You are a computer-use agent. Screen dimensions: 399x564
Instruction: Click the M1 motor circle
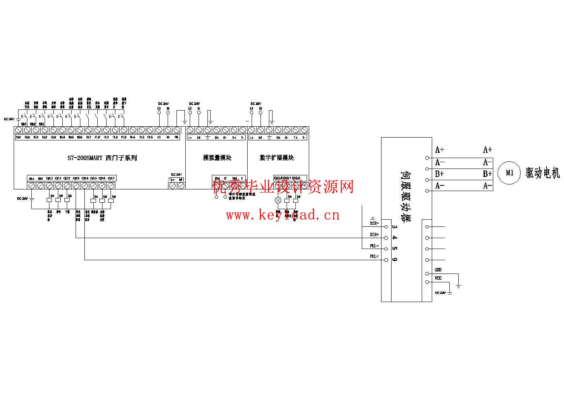pos(509,173)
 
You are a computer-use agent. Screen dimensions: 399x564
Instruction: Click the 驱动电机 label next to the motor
pos(542,173)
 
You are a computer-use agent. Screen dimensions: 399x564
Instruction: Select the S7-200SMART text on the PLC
pos(85,158)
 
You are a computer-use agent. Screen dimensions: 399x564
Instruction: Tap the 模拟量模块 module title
pos(217,158)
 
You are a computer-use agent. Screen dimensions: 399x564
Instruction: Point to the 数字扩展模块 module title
pos(277,158)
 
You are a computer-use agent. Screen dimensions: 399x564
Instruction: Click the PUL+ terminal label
pos(374,256)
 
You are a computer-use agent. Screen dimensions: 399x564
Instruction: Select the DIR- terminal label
pos(374,223)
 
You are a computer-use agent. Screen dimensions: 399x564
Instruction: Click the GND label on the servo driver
pos(438,270)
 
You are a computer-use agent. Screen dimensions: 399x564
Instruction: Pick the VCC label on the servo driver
pos(438,278)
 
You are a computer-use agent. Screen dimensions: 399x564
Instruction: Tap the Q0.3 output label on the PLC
pos(76,178)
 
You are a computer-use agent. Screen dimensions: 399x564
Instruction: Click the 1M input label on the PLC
pos(18,138)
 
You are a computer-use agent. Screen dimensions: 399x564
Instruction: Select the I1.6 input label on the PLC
pos(150,138)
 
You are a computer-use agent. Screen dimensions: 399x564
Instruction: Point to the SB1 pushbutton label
pos(24,124)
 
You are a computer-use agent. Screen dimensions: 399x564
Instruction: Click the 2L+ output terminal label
pos(31,178)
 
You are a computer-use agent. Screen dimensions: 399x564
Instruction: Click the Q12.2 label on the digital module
pos(295,178)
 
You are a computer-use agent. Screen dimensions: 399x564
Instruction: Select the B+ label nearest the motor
pos(487,174)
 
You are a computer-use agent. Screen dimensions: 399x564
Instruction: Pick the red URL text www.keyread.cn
pos(283,215)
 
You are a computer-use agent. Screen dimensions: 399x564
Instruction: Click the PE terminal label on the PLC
pos(176,138)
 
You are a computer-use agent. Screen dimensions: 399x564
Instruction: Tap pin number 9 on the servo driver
pos(395,260)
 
